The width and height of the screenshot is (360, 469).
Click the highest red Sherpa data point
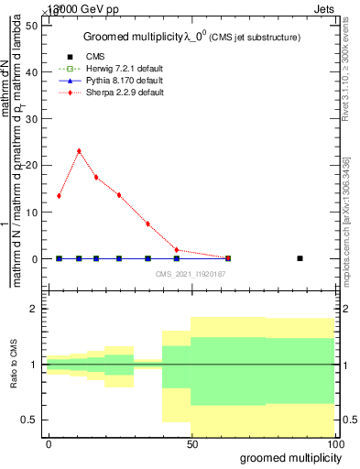click(x=79, y=151)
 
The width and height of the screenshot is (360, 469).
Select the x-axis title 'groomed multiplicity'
click(x=288, y=457)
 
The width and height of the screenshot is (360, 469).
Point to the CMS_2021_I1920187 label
click(x=190, y=273)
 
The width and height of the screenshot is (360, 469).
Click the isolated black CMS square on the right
click(x=300, y=258)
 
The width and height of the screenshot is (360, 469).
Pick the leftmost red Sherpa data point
click(x=59, y=195)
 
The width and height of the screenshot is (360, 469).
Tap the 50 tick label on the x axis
click(x=191, y=443)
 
